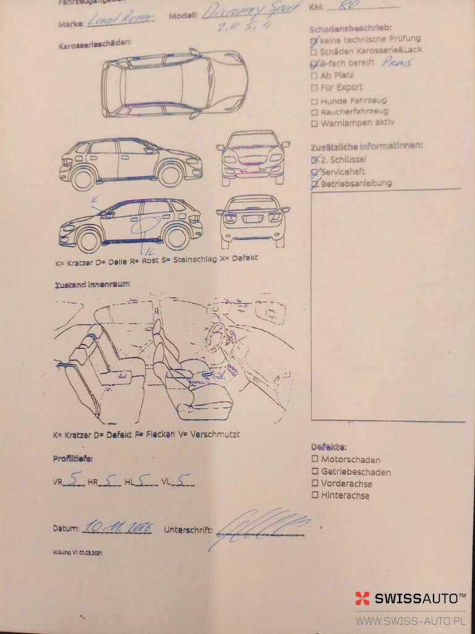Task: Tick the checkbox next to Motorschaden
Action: (315, 459)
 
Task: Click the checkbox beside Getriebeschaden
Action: (315, 471)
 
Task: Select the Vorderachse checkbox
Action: (315, 483)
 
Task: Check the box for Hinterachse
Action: (315, 495)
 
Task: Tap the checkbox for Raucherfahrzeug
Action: (314, 112)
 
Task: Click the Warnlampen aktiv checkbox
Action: (314, 123)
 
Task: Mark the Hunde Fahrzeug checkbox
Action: (314, 101)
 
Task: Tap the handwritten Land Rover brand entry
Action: (121, 19)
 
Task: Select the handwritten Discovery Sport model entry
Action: (252, 12)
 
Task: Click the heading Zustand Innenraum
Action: (92, 284)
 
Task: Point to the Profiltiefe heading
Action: (72, 459)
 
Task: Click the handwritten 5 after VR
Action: (74, 478)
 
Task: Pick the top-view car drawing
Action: (175, 84)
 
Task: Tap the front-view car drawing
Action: (253, 157)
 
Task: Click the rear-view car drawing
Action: (253, 220)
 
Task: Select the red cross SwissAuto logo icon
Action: (362, 598)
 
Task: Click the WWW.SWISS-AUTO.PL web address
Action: (410, 620)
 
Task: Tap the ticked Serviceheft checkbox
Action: (315, 172)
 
